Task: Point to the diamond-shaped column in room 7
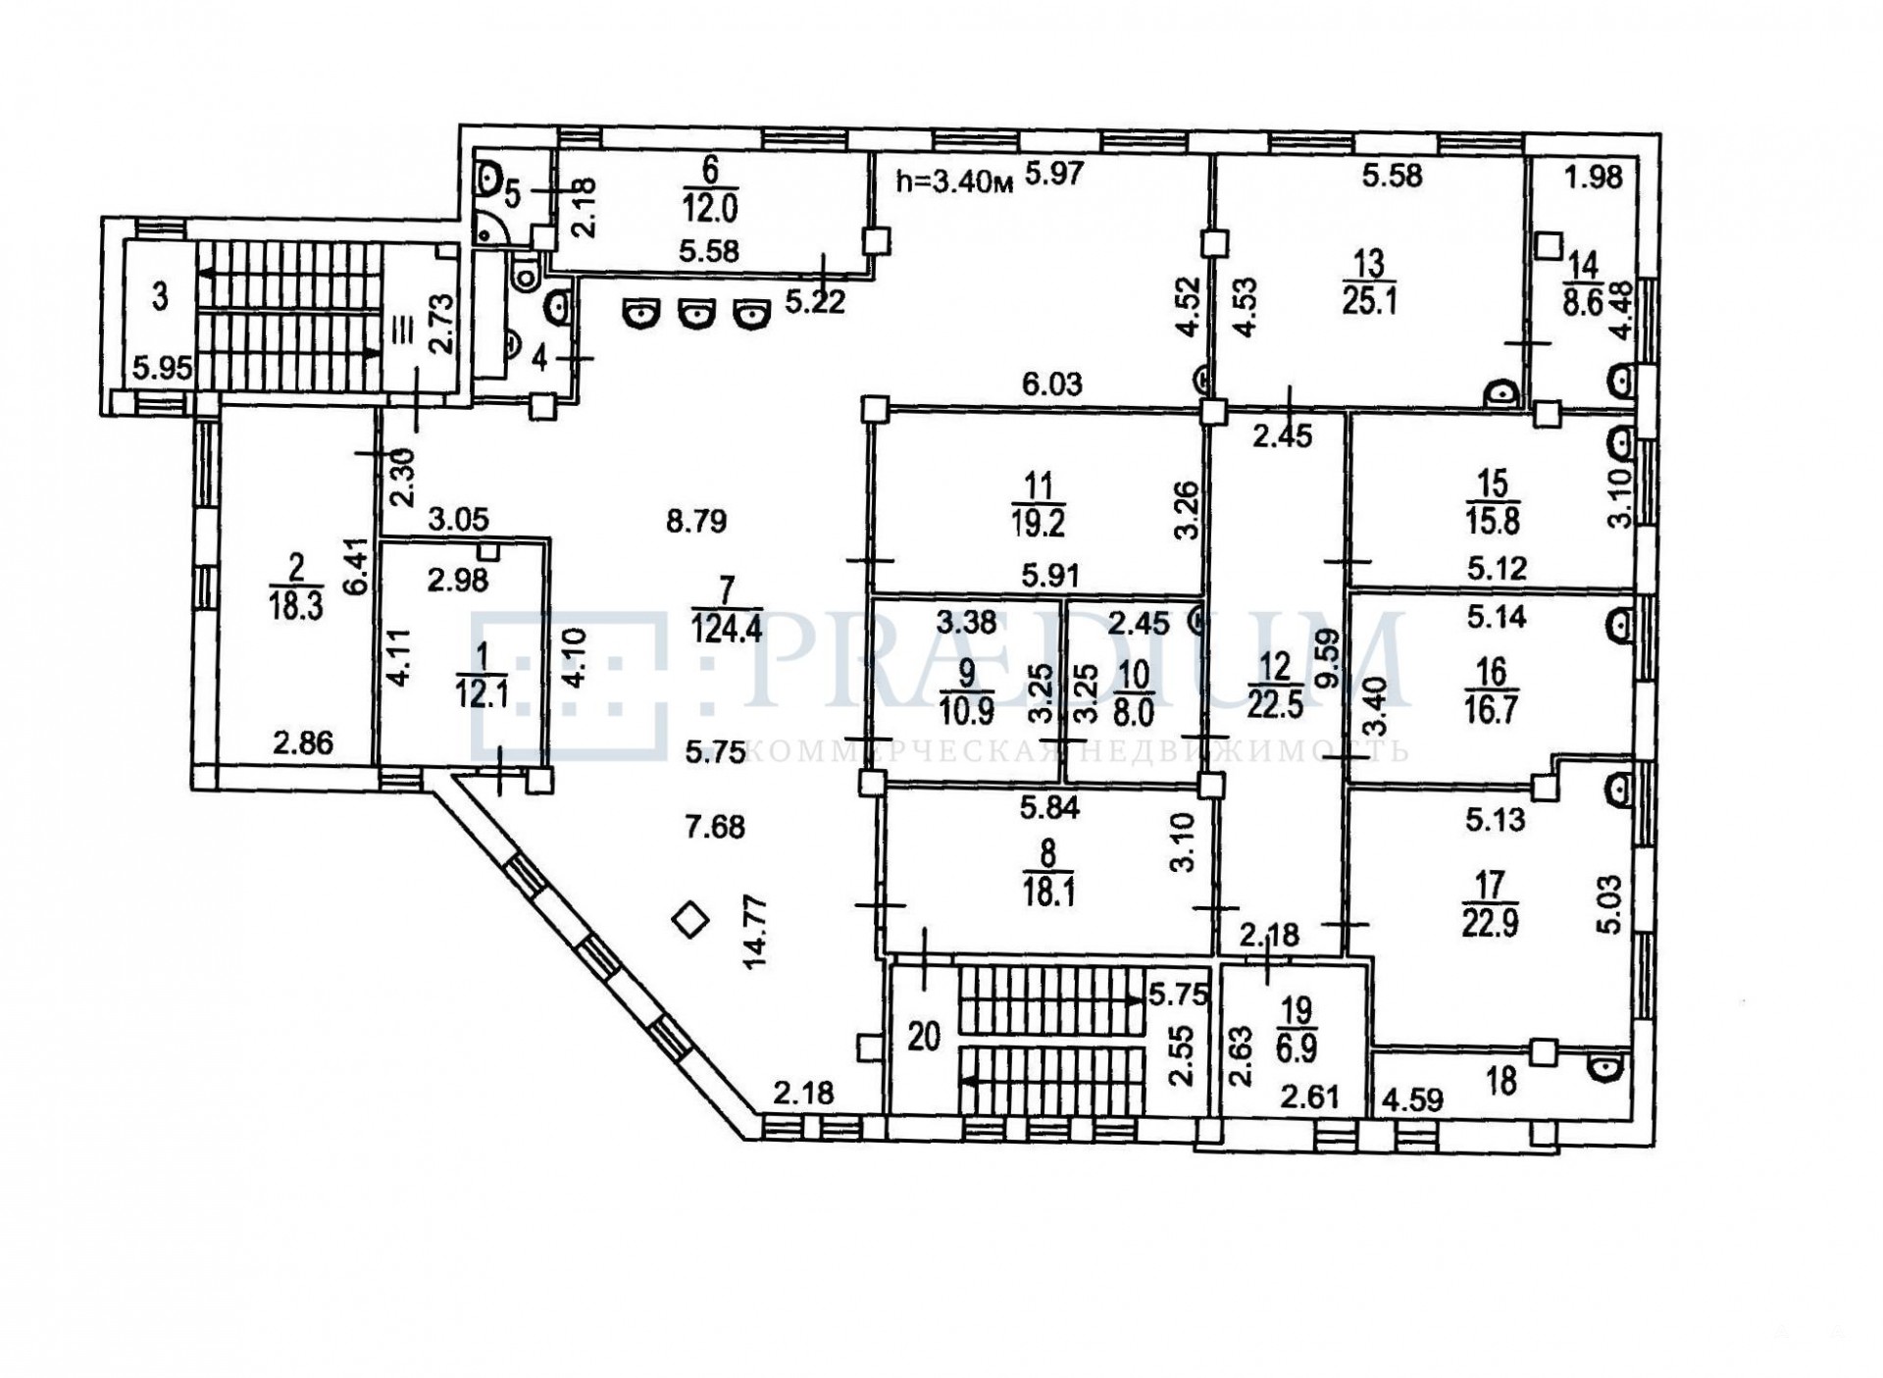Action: (691, 920)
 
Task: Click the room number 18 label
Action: (1501, 1080)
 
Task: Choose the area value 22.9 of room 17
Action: (1490, 924)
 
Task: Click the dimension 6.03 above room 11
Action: (1051, 383)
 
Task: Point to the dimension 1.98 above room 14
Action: (1593, 178)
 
